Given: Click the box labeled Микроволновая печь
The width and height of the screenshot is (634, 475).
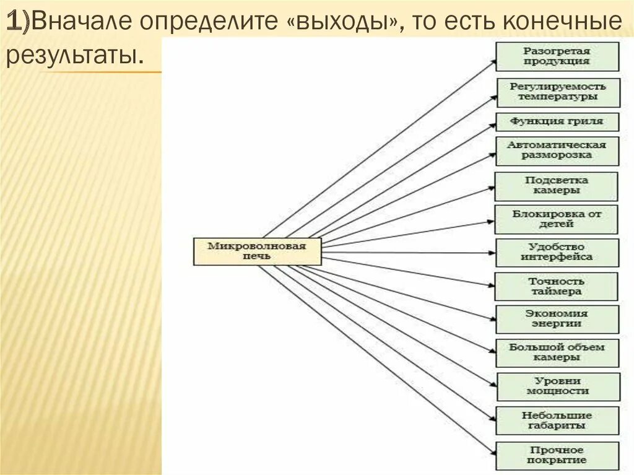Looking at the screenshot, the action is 257,251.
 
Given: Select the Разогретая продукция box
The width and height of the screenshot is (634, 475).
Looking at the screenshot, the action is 557,56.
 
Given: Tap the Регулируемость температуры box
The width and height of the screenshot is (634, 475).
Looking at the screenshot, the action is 557,92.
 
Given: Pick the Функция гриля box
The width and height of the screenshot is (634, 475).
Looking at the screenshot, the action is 557,121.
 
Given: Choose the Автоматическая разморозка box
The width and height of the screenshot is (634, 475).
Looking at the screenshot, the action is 557,150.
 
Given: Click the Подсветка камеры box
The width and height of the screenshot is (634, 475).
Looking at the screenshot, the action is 556,186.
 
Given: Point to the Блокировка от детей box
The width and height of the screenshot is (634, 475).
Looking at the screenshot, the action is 556,219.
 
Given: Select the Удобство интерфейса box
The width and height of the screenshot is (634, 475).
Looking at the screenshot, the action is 557,252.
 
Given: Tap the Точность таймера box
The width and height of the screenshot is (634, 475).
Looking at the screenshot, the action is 556,286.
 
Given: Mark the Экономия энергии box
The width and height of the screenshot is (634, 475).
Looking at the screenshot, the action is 556,319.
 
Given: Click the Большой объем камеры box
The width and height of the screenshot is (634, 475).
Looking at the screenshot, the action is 557,352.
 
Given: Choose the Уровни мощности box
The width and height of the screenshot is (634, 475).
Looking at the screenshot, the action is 557,386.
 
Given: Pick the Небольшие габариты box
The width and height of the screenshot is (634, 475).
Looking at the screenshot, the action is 557,421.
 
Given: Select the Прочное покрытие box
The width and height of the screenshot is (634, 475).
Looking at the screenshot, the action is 557,455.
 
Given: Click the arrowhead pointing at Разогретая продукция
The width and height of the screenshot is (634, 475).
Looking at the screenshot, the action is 493,61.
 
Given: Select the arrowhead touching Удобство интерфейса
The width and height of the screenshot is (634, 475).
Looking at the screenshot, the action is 493,253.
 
